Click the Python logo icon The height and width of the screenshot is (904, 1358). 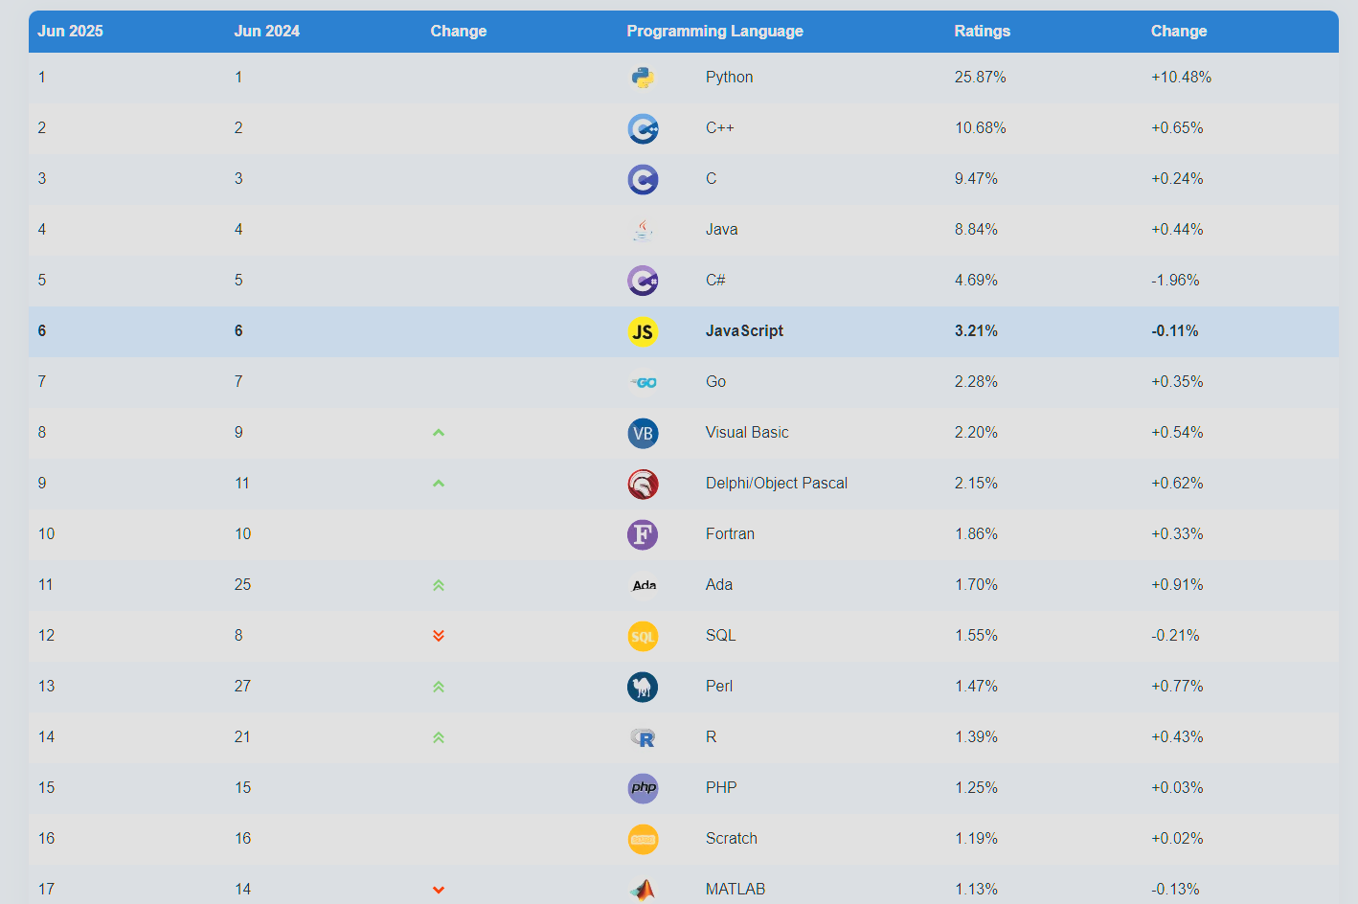(x=643, y=78)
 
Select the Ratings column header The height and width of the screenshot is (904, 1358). (x=982, y=31)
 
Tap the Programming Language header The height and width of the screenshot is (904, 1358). (x=714, y=31)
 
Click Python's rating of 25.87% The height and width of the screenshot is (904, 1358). (x=980, y=78)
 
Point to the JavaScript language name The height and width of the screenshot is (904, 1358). (x=744, y=331)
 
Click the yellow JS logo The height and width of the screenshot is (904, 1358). (x=643, y=331)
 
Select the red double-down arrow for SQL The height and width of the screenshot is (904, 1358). (x=439, y=636)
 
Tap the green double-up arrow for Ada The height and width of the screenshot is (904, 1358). (x=439, y=585)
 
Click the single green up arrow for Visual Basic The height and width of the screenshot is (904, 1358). (x=439, y=433)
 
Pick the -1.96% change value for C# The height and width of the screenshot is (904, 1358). (x=1175, y=281)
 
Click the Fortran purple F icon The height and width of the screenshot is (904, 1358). (x=643, y=534)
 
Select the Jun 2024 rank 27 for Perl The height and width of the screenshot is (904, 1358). (x=242, y=687)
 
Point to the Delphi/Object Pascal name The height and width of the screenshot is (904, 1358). (x=776, y=484)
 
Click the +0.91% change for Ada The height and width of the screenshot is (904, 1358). (x=1177, y=585)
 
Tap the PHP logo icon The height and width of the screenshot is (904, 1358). (x=643, y=788)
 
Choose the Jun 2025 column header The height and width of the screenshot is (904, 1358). (x=70, y=31)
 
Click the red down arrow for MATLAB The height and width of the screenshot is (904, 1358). (x=439, y=890)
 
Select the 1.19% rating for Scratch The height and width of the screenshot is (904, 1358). (x=976, y=839)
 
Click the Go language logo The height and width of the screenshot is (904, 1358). (x=643, y=382)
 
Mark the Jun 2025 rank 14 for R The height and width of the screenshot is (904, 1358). (x=46, y=737)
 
